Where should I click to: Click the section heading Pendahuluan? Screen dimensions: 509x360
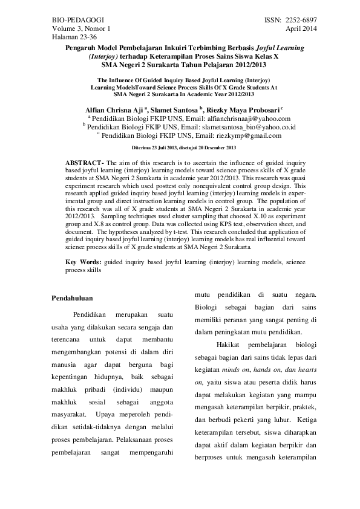click(71, 298)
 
